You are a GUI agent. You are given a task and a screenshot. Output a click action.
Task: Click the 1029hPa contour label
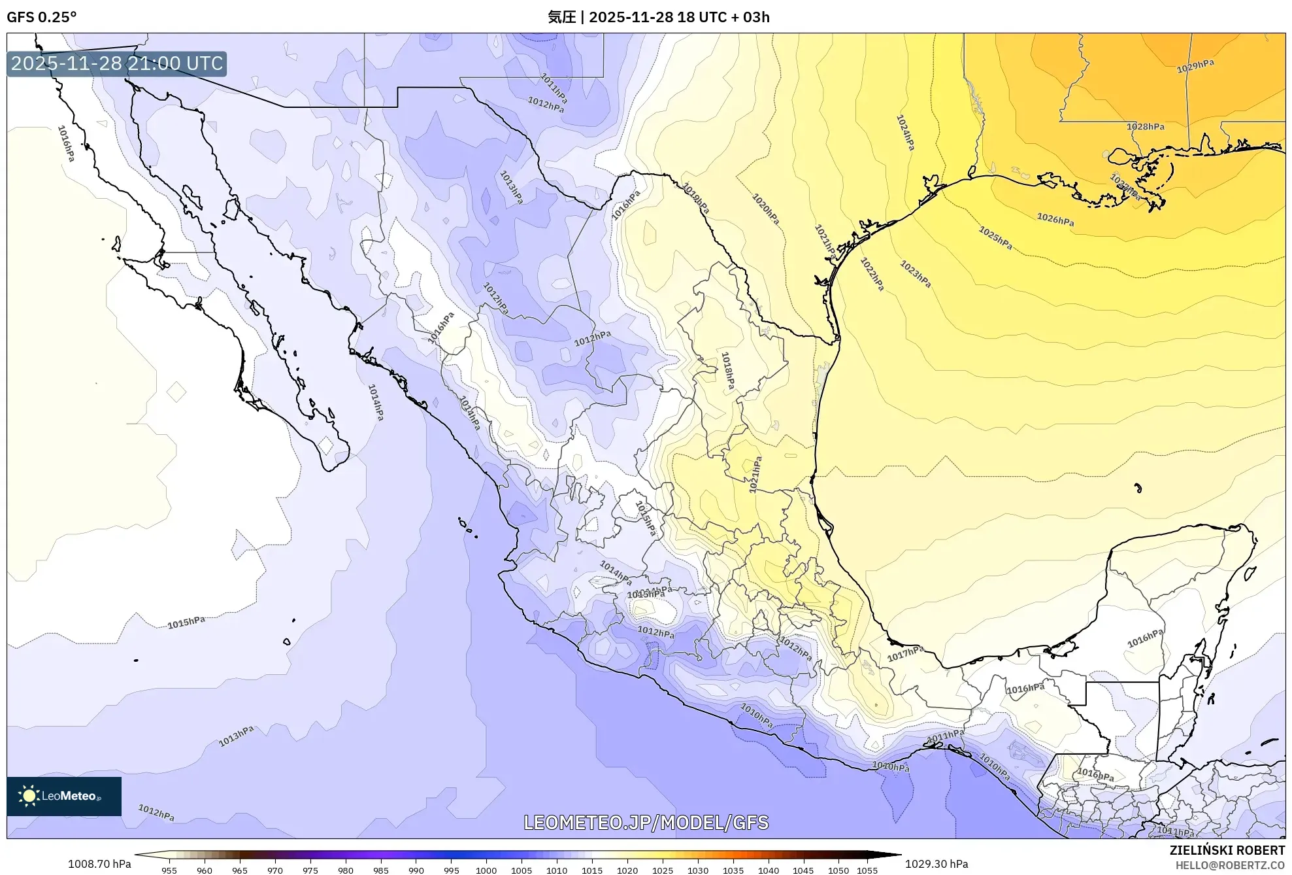pos(1195,66)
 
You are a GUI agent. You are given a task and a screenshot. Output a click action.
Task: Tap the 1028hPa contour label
pos(1145,126)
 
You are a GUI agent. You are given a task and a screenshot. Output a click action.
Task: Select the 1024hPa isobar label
pos(905,133)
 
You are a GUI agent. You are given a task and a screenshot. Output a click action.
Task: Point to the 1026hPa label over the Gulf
pos(1055,220)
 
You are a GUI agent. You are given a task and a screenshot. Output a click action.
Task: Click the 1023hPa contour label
pos(915,274)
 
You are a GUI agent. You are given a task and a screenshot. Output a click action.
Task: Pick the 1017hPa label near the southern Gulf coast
pos(905,653)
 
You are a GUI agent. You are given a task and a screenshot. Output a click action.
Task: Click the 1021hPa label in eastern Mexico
pos(755,474)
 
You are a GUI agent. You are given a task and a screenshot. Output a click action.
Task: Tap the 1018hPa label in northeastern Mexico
pos(727,371)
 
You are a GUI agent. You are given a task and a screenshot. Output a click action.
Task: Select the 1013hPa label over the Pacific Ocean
pos(236,736)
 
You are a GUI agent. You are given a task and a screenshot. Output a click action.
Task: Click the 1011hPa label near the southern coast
pos(946,736)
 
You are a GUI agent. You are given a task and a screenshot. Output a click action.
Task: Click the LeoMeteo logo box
pos(64,796)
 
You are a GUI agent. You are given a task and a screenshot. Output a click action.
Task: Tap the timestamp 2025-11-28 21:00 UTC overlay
pos(117,63)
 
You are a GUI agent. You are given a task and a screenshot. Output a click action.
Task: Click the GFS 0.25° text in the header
pos(42,17)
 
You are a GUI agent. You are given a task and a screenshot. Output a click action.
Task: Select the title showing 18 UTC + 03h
pos(659,17)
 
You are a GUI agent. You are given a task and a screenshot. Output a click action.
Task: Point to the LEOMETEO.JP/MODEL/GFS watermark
pos(646,822)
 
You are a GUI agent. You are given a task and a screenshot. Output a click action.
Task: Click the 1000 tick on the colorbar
pos(486,870)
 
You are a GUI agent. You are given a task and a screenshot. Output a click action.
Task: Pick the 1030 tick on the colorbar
pos(697,870)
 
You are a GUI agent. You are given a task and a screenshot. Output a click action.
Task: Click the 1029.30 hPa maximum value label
pos(936,864)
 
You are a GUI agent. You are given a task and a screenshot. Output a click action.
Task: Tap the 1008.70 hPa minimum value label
pos(99,864)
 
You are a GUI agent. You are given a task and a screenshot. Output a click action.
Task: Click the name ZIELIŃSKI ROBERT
pos(1227,850)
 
